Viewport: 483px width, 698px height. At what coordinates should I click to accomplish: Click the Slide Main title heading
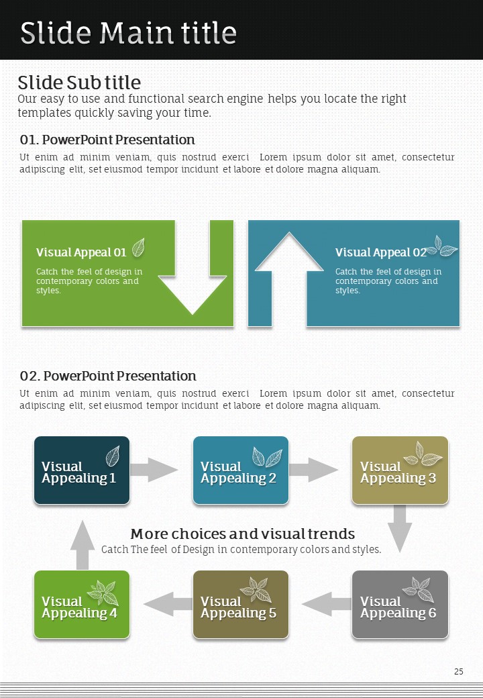pos(128,32)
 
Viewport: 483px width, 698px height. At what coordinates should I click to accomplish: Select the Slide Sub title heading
pos(79,83)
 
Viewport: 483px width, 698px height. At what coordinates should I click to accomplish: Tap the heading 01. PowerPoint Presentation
pos(107,140)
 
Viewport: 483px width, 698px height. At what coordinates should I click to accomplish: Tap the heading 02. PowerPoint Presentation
pos(108,376)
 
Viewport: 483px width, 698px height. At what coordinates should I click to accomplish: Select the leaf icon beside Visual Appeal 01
pos(138,248)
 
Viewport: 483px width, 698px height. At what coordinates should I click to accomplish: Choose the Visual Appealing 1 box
pos(82,470)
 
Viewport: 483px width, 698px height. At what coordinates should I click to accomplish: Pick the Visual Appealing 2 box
pos(241,470)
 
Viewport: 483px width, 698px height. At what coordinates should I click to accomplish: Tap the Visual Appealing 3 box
pos(400,470)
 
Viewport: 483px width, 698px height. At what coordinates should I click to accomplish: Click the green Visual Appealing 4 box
pos(82,605)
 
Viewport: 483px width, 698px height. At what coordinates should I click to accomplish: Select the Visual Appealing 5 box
pos(241,605)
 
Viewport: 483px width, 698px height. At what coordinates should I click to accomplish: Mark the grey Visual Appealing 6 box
pos(400,605)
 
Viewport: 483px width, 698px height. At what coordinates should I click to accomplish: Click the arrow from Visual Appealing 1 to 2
pos(154,470)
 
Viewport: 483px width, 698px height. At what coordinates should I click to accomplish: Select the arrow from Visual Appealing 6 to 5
pos(326,604)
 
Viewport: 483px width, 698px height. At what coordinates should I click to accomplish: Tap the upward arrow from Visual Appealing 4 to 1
pos(83,544)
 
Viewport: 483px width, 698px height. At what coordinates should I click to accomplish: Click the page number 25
pos(459,671)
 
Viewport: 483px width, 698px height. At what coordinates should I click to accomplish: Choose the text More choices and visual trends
pos(242,534)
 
